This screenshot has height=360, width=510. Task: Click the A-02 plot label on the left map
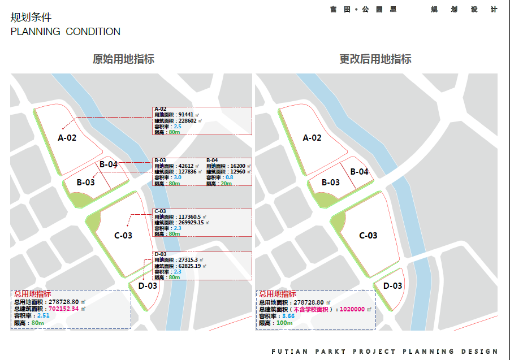(x=67, y=137)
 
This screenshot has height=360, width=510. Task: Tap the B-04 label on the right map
(x=359, y=172)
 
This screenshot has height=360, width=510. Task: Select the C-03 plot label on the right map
(x=368, y=236)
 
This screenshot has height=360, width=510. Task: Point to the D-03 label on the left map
(x=148, y=286)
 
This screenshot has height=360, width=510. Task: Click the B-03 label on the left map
(x=86, y=183)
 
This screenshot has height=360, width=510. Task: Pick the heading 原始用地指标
(x=123, y=59)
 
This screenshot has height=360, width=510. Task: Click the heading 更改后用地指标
(x=375, y=59)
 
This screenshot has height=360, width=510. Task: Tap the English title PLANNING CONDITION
(x=65, y=32)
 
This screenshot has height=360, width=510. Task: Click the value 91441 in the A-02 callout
(x=186, y=115)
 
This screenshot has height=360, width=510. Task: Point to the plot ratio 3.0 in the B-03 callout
(x=177, y=177)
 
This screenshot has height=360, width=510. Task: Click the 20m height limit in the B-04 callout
(x=226, y=184)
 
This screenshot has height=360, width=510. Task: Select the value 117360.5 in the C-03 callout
(x=189, y=217)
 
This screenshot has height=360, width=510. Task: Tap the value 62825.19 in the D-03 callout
(x=191, y=266)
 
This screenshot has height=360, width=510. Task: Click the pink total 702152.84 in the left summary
(x=63, y=309)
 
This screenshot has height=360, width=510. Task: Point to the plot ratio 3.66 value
(x=288, y=316)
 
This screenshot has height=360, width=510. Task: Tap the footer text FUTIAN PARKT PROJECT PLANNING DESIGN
(x=384, y=352)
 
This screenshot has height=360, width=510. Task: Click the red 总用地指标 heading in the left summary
(x=32, y=294)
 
